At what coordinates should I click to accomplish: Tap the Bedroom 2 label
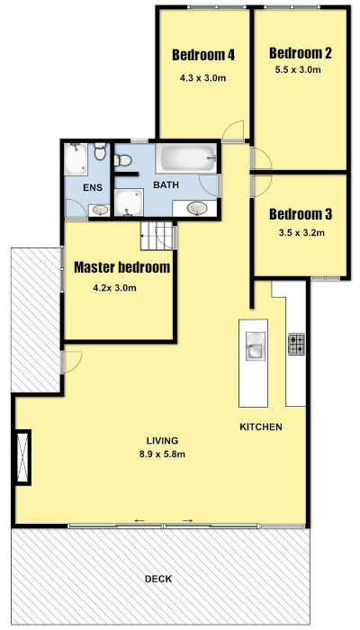(x=301, y=53)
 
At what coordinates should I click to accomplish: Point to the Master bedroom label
(x=121, y=267)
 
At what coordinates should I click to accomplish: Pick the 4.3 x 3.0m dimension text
(x=203, y=78)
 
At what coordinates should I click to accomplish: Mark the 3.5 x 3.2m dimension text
(x=301, y=234)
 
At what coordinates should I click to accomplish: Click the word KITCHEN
(x=261, y=427)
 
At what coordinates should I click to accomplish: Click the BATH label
(x=166, y=184)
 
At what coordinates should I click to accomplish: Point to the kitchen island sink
(x=254, y=345)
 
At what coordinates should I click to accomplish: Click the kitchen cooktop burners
(x=295, y=343)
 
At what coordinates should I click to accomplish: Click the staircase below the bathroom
(x=157, y=237)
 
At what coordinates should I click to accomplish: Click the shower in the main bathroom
(x=131, y=203)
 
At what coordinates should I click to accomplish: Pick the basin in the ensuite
(x=99, y=210)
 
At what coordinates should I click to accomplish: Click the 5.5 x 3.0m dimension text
(x=297, y=69)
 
